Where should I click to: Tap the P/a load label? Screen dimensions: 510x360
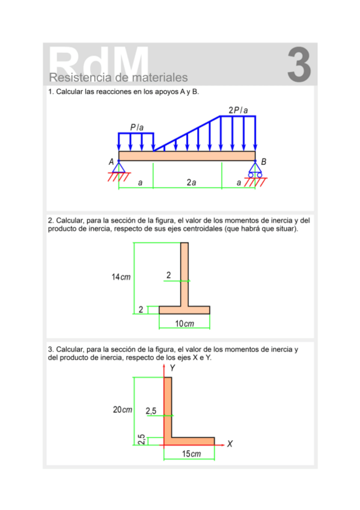point(137,127)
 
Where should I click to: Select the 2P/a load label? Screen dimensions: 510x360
point(238,110)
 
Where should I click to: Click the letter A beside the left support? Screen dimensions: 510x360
point(111,162)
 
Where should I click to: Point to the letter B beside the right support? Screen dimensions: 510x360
point(264,162)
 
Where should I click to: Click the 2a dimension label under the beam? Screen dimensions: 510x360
point(191,182)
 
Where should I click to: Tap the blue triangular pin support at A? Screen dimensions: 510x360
point(119,167)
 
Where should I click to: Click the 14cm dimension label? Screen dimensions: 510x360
point(121,277)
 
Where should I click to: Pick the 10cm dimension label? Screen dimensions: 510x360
point(185,324)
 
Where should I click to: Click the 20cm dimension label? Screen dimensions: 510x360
point(123,410)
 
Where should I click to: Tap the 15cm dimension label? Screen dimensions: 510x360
point(191,453)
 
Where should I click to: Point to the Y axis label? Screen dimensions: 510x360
point(172,367)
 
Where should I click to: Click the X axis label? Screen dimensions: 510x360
point(230,444)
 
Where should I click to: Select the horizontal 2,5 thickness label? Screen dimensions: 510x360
point(151,410)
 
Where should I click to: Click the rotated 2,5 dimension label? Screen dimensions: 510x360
point(141,440)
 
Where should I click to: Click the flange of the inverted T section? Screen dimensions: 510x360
point(184,310)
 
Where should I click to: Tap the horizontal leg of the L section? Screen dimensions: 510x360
point(192,441)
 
